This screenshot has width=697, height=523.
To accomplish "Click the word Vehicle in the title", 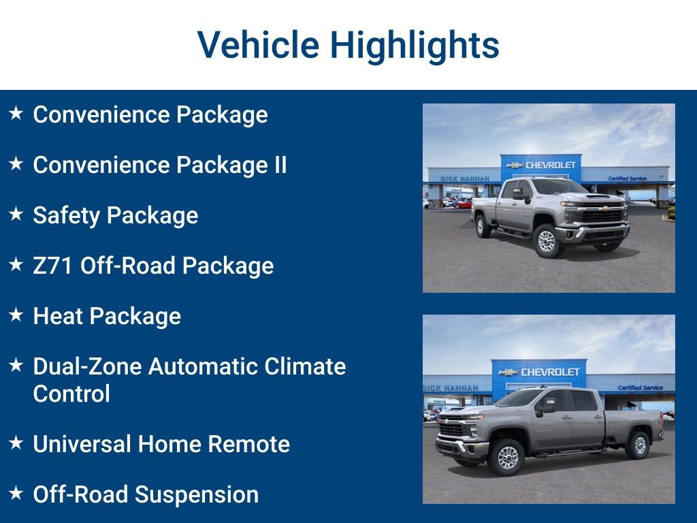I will (x=258, y=45).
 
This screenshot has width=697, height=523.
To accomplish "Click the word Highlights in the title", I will (x=415, y=45).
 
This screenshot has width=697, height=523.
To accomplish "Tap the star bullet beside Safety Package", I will (x=16, y=215).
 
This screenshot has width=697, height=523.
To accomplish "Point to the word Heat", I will (x=58, y=316).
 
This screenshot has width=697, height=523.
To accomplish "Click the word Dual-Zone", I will (x=87, y=366).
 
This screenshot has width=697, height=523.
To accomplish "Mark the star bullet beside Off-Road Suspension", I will (x=16, y=494).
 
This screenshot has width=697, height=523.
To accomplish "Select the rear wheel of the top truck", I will (x=484, y=225).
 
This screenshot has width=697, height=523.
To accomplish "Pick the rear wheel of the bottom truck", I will (x=638, y=445).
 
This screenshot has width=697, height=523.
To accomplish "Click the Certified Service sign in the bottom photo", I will (x=640, y=387).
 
